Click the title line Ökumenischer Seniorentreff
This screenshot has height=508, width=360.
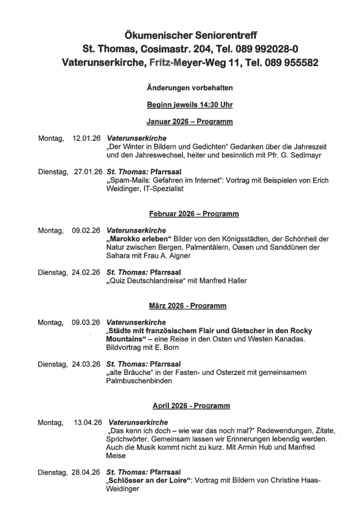(x=191, y=36)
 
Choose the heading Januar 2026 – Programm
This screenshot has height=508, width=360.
(x=190, y=122)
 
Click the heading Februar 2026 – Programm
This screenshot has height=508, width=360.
(x=194, y=214)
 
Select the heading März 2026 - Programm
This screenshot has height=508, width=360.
(x=188, y=306)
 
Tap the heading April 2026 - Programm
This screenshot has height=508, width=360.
(x=191, y=406)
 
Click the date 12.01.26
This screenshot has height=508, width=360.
(x=87, y=138)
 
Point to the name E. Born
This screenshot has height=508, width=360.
(x=167, y=347)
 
